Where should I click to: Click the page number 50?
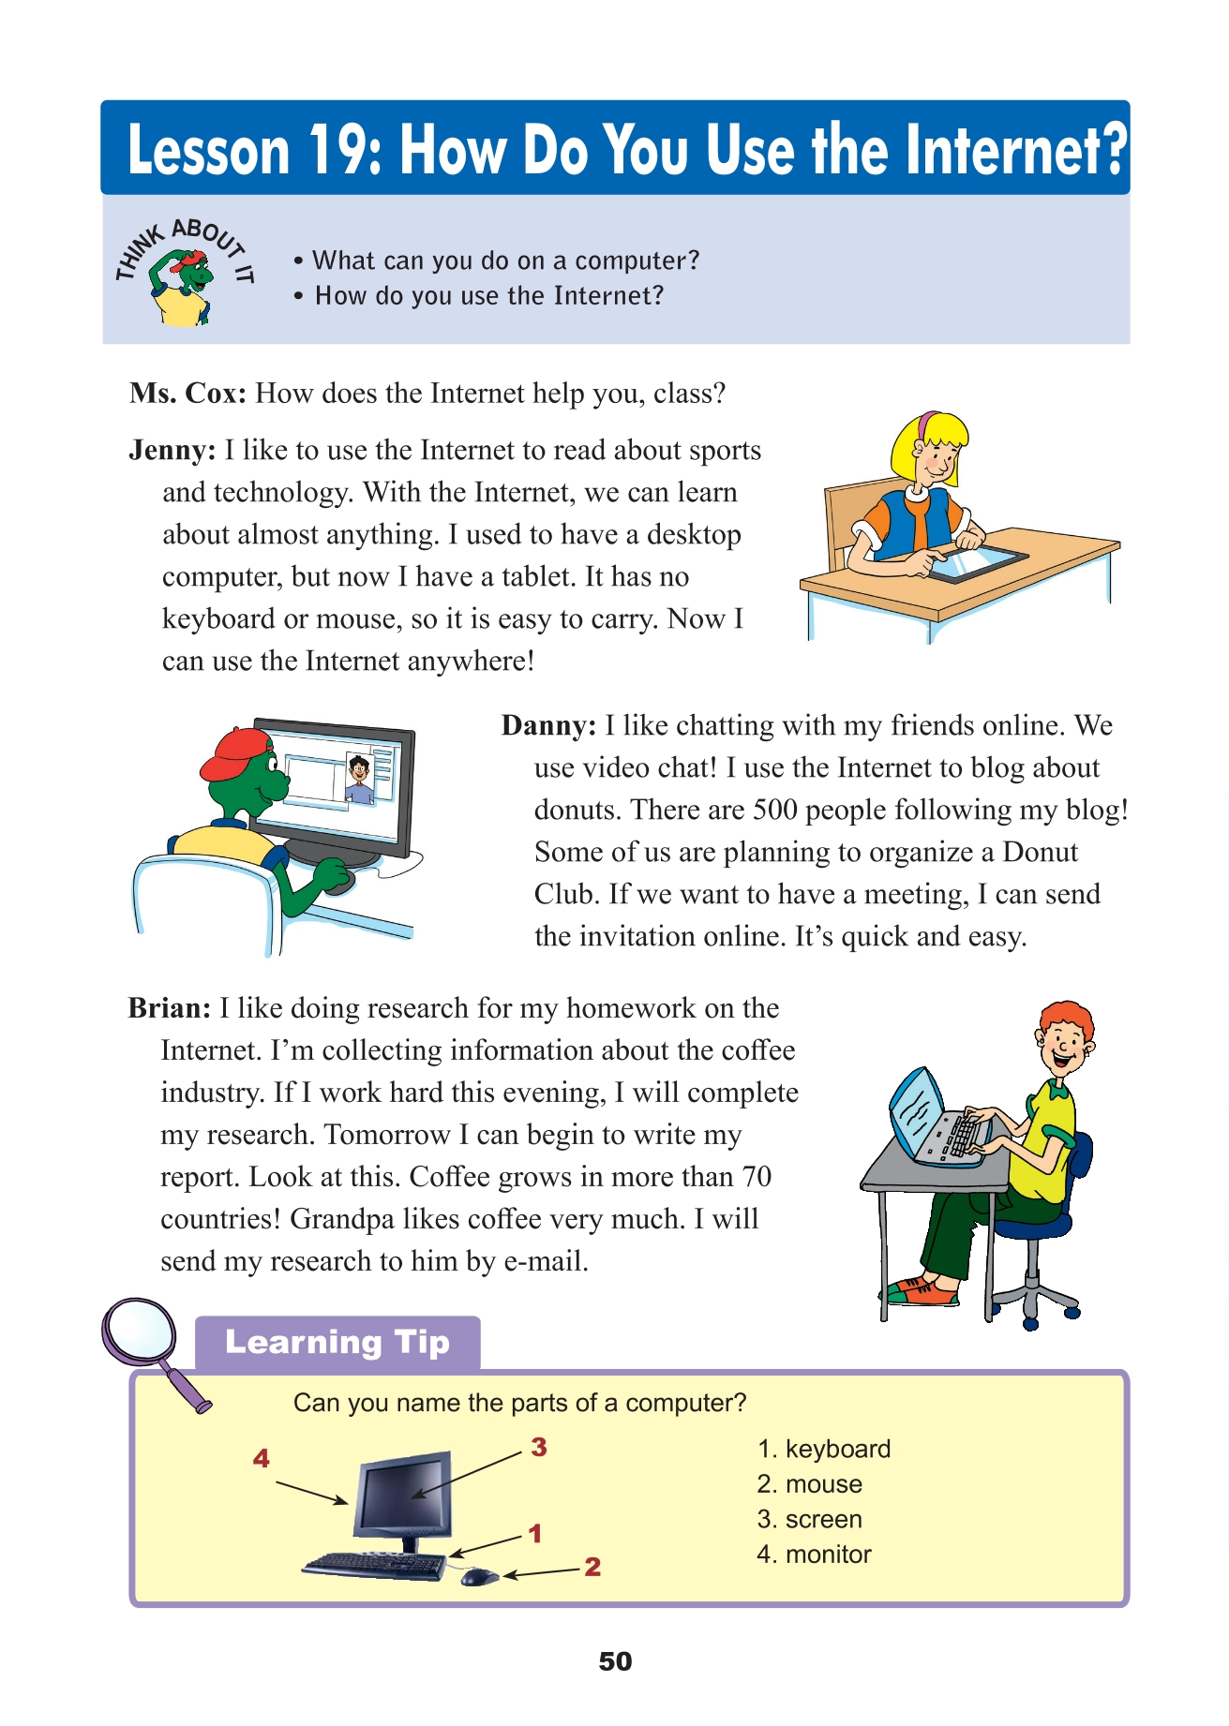click(615, 1661)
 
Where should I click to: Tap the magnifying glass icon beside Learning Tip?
click(141, 1335)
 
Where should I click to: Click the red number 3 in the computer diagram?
click(538, 1447)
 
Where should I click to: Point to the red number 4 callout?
click(262, 1458)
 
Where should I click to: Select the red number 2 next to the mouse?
click(592, 1567)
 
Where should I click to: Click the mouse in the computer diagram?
click(479, 1577)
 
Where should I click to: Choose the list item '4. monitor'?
click(814, 1555)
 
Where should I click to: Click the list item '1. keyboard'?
click(823, 1449)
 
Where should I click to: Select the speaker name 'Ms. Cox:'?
click(188, 394)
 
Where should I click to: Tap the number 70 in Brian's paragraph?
click(755, 1177)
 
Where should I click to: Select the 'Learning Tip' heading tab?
click(337, 1342)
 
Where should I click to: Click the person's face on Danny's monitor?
click(358, 772)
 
